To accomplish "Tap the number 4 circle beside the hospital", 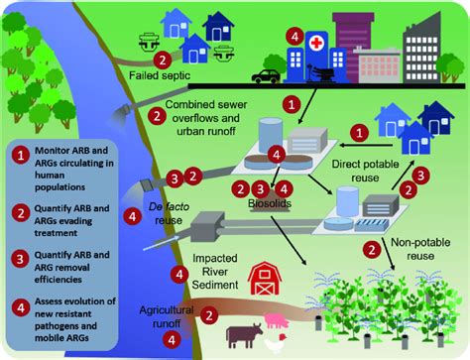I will [x=294, y=36].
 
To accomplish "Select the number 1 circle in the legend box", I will [x=21, y=153].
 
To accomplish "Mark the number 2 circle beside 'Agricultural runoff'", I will [x=209, y=314].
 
